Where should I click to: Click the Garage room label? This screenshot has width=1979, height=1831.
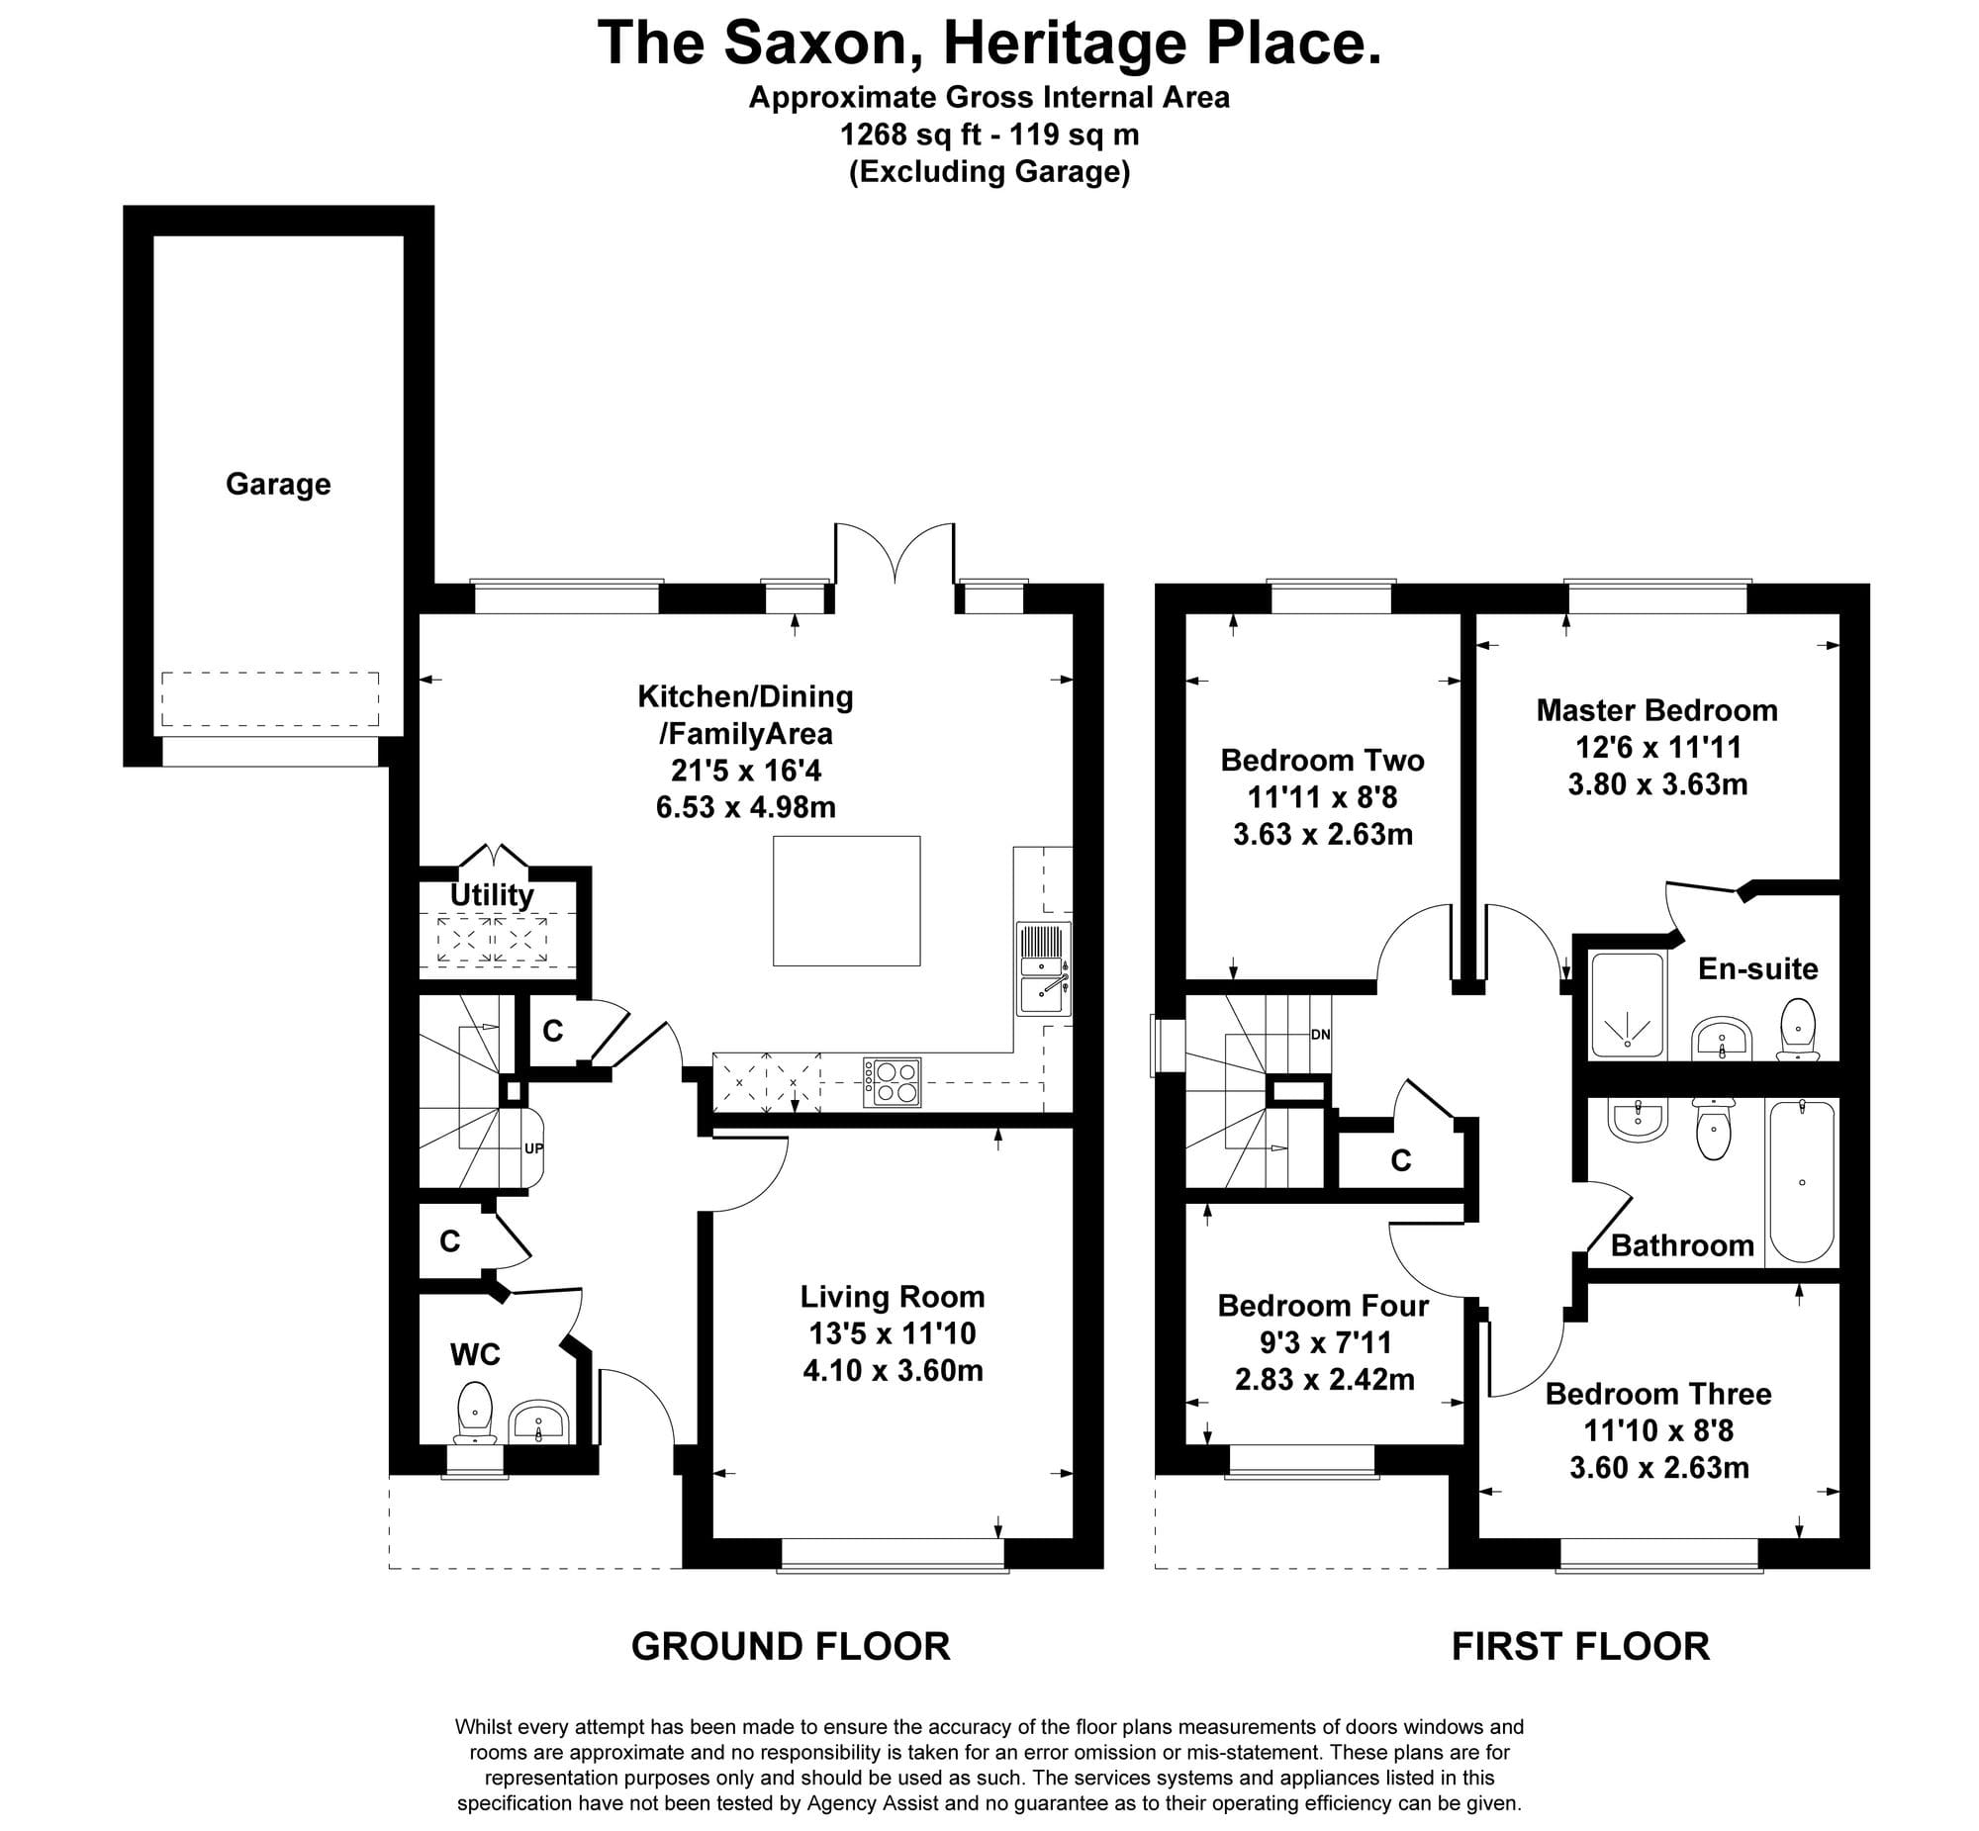[x=277, y=484]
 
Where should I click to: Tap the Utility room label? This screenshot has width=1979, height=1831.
[x=492, y=893]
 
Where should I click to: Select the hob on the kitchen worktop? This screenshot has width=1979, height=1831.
[x=892, y=1082]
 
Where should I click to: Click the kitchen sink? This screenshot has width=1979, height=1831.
[x=1044, y=968]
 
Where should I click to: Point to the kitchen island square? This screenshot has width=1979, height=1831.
[x=846, y=900]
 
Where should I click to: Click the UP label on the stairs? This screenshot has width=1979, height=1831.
[x=533, y=1149]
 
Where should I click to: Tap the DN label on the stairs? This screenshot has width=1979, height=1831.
[x=1320, y=1035]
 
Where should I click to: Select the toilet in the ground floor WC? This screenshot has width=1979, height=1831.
[x=475, y=1414]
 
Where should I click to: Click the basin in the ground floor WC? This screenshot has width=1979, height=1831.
[x=538, y=1422]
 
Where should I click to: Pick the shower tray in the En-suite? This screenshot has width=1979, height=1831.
[x=1627, y=1005]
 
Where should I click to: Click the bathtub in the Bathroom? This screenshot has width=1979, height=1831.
[x=1801, y=1182]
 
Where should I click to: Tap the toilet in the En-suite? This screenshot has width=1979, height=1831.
[x=1798, y=1030]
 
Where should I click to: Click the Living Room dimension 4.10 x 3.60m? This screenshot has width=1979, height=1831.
[x=893, y=1370]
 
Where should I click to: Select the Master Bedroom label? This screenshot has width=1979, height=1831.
[x=1657, y=709]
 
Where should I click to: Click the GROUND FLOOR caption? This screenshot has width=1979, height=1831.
[x=791, y=1647]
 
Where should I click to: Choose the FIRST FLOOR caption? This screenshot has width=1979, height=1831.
[x=1580, y=1647]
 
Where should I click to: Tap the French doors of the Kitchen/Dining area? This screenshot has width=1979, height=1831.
[x=895, y=555]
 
